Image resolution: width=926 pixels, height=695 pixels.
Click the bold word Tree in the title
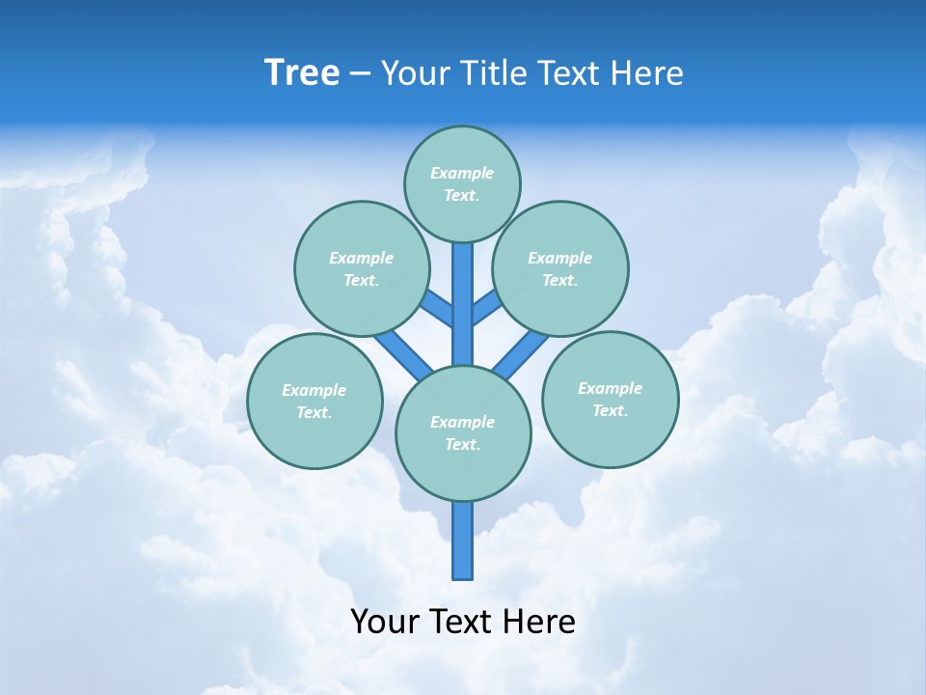pyautogui.click(x=302, y=73)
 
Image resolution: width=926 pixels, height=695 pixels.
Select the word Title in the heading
pyautogui.click(x=492, y=73)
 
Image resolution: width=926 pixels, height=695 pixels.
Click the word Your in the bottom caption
pyautogui.click(x=386, y=622)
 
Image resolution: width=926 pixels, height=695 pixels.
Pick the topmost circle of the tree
pyautogui.click(x=462, y=183)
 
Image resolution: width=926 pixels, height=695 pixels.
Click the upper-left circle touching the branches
pyautogui.click(x=361, y=268)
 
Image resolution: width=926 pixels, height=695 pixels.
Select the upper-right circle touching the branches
pyautogui.click(x=560, y=268)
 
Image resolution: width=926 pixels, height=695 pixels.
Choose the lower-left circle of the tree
pyautogui.click(x=314, y=401)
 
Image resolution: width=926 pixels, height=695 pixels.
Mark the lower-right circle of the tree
pyautogui.click(x=610, y=399)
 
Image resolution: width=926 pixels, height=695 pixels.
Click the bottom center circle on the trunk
pyautogui.click(x=463, y=432)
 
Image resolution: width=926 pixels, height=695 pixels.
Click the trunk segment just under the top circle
pyautogui.click(x=463, y=290)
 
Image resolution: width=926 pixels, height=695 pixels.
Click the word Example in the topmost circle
pyautogui.click(x=462, y=173)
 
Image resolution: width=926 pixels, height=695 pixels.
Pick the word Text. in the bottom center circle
pyautogui.click(x=462, y=444)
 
